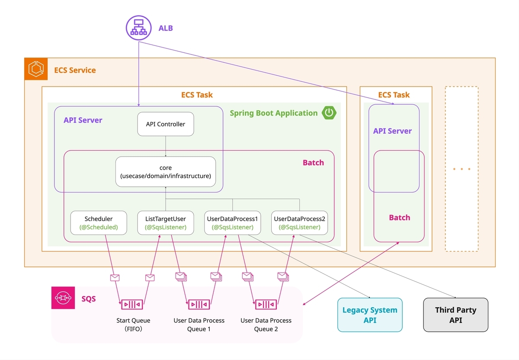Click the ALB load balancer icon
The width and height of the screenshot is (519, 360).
(138, 28)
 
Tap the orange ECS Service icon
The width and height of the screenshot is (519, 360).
(36, 69)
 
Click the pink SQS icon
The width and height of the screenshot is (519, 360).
(63, 298)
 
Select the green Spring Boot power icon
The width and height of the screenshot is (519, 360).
(329, 112)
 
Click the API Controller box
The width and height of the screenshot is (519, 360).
(165, 124)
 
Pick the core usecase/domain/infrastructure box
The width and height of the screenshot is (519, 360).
(165, 171)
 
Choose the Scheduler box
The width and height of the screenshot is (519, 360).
(99, 223)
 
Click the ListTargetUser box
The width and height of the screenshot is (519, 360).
(165, 223)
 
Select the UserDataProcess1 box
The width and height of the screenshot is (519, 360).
(232, 223)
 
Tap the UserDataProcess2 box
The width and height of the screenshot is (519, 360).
(299, 223)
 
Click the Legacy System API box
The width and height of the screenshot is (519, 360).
(370, 315)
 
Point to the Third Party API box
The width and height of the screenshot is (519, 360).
(455, 315)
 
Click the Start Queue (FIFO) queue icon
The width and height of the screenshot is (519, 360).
(132, 304)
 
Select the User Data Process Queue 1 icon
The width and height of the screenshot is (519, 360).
(199, 304)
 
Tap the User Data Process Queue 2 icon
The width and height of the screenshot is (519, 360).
(266, 304)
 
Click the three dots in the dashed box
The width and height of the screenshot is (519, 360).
(461, 169)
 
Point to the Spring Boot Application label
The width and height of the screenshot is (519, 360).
(273, 113)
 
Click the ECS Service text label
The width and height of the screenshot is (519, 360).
(75, 70)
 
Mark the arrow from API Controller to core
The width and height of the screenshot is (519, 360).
(165, 146)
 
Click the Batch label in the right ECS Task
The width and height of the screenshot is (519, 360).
(400, 218)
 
